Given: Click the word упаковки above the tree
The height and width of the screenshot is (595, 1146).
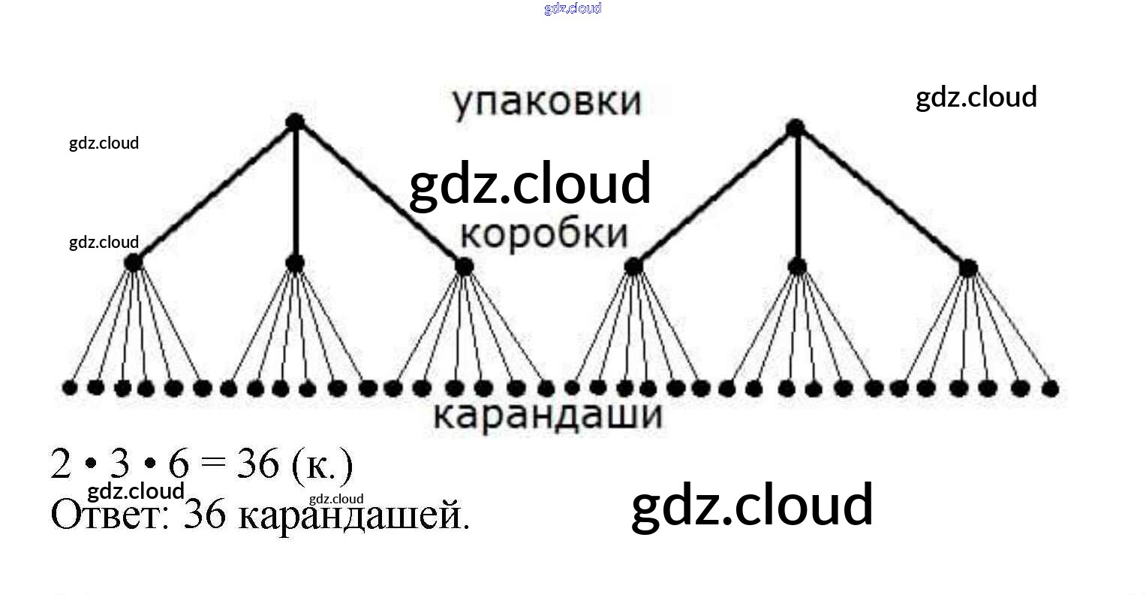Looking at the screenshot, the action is pyautogui.click(x=546, y=102).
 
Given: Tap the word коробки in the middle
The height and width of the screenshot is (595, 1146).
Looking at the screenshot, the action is pyautogui.click(x=543, y=234).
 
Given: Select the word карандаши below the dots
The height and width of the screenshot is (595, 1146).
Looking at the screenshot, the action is pyautogui.click(x=548, y=415).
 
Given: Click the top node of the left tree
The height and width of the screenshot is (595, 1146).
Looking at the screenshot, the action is pyautogui.click(x=295, y=122).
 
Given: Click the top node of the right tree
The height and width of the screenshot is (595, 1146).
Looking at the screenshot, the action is pyautogui.click(x=796, y=128).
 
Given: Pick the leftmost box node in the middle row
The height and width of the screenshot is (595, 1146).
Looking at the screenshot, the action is pyautogui.click(x=133, y=263).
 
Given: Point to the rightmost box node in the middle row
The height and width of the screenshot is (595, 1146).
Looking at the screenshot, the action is pyautogui.click(x=968, y=267).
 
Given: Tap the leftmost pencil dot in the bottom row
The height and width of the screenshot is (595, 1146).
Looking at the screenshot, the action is pyautogui.click(x=70, y=388).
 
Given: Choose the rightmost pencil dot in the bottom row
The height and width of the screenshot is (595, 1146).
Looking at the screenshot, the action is pyautogui.click(x=1051, y=388).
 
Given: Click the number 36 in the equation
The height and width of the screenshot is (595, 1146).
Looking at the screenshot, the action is pyautogui.click(x=257, y=464).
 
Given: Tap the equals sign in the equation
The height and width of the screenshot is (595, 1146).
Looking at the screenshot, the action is pyautogui.click(x=213, y=464).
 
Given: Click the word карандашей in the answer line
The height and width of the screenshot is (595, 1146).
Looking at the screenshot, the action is pyautogui.click(x=353, y=517).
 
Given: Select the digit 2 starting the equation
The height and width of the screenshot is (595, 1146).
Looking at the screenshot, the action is pyautogui.click(x=61, y=464).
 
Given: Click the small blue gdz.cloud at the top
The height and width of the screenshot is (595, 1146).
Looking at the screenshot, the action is pyautogui.click(x=573, y=8).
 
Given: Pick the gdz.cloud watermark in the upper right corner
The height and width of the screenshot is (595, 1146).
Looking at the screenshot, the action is pyautogui.click(x=976, y=98).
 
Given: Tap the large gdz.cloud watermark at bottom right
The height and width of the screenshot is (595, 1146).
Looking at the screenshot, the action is pyautogui.click(x=752, y=506).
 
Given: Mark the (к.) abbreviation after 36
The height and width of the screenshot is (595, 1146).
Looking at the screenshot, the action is pyautogui.click(x=320, y=466).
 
